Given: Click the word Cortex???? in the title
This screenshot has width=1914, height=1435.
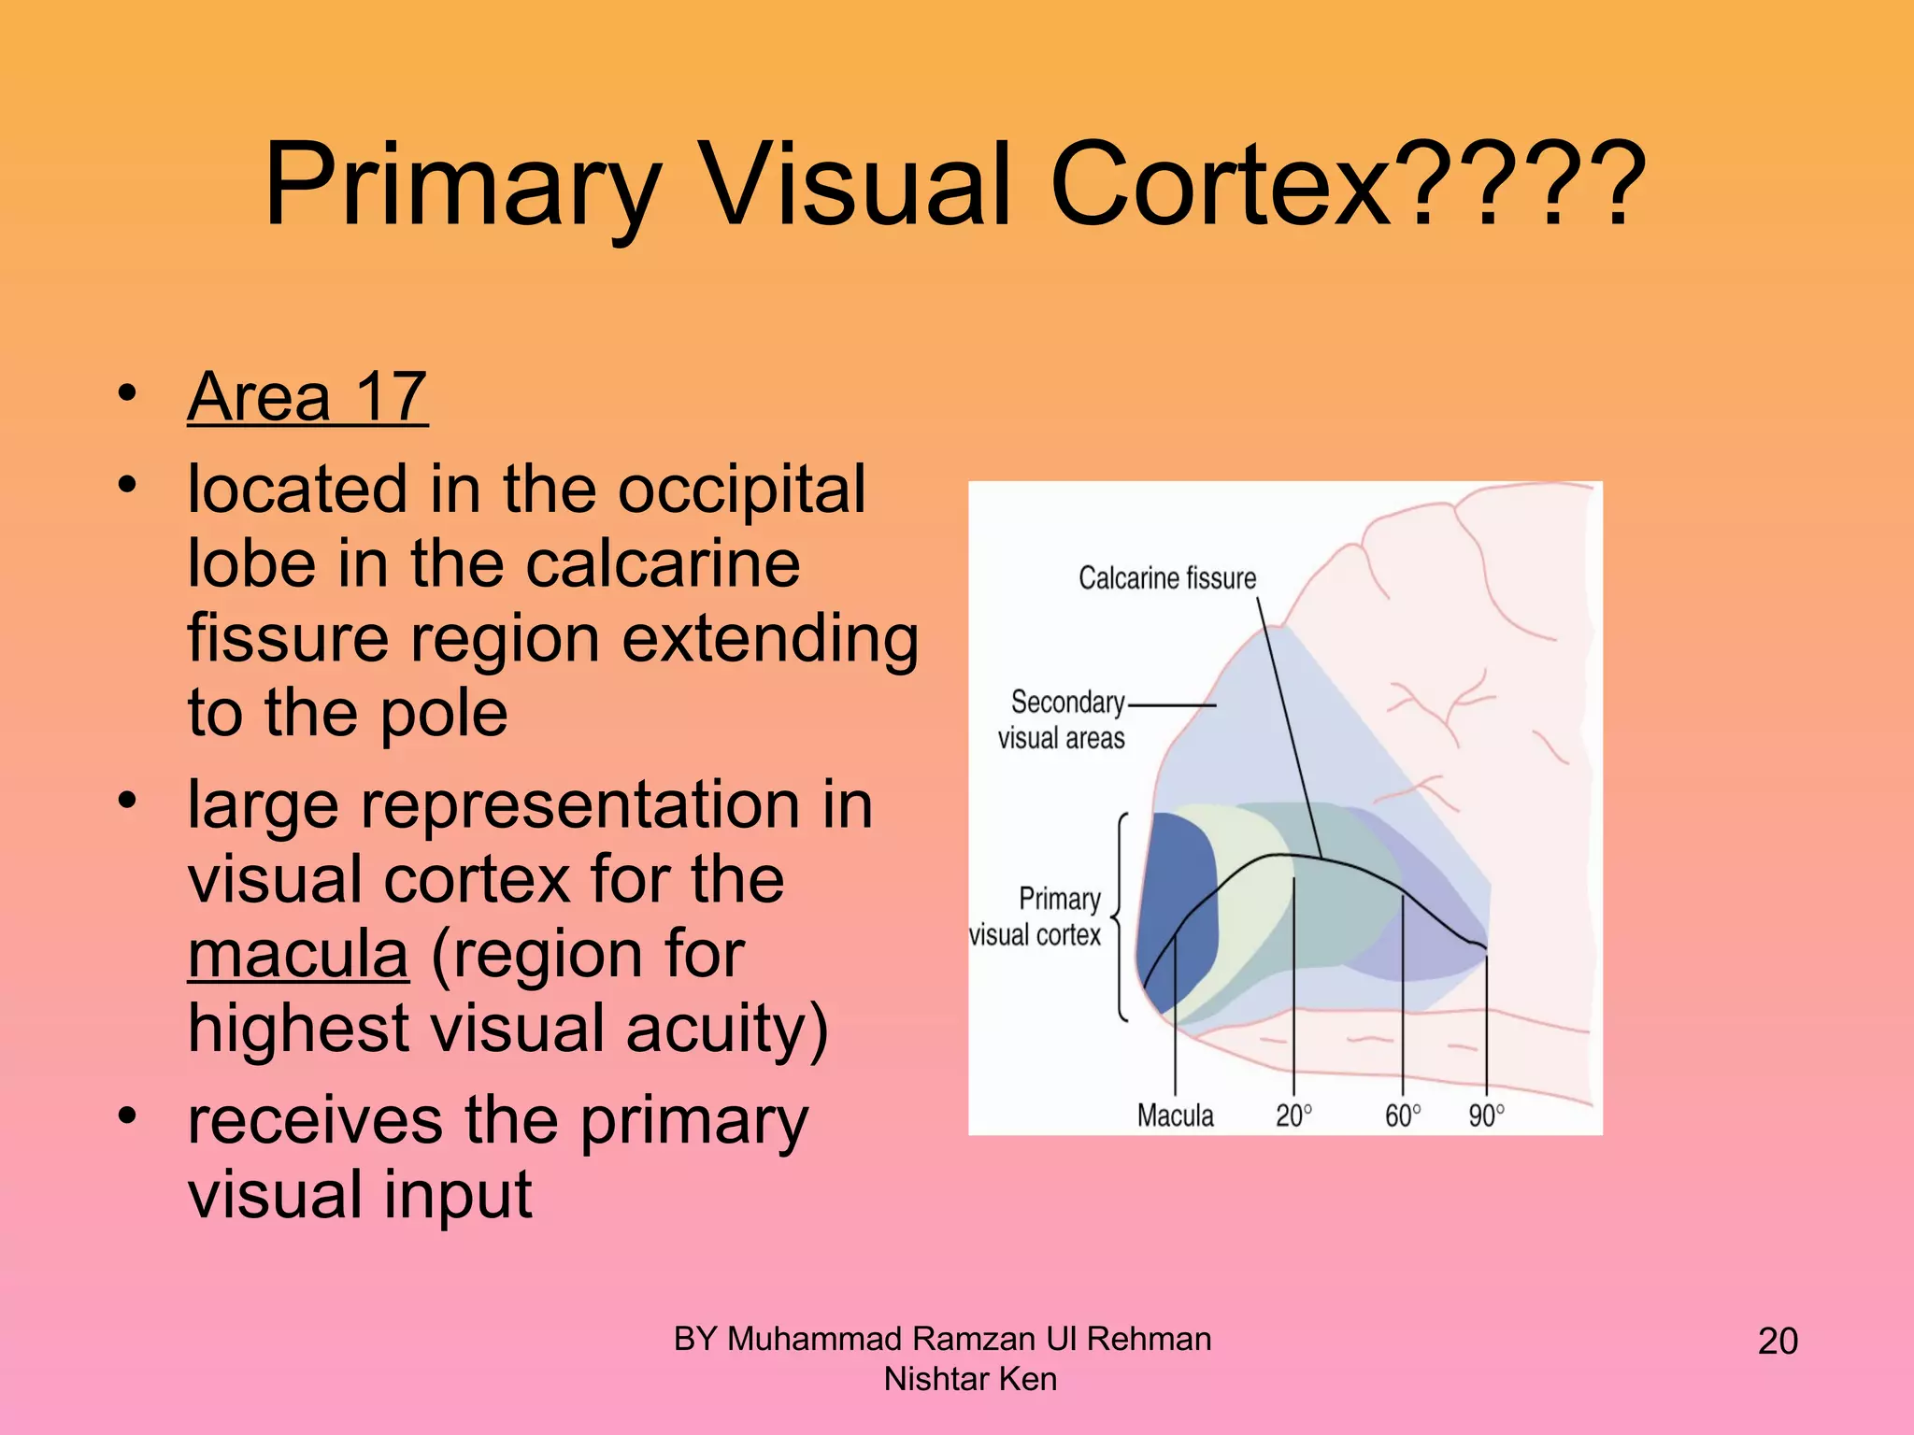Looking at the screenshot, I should pyautogui.click(x=1346, y=184).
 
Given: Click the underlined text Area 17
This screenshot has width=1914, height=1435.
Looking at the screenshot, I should pyautogui.click(x=307, y=397).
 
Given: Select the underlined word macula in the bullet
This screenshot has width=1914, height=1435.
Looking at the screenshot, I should pyautogui.click(x=298, y=954).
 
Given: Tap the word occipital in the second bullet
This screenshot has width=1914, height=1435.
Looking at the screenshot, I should pyautogui.click(x=741, y=489).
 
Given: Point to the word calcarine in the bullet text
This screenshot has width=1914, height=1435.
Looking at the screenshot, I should pyautogui.click(x=663, y=563).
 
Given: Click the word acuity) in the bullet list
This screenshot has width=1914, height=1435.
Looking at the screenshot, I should pyautogui.click(x=726, y=1028).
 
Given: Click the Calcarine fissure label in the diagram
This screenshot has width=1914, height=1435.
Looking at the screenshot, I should pyautogui.click(x=1166, y=578).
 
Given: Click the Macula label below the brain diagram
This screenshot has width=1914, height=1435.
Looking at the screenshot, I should pyautogui.click(x=1175, y=1115).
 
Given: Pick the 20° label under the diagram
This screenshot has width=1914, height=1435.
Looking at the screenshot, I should pyautogui.click(x=1293, y=1115).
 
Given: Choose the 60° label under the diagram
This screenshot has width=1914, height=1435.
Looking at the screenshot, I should pyautogui.click(x=1402, y=1115).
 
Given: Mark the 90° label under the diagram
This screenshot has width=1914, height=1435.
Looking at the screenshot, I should pyautogui.click(x=1486, y=1115).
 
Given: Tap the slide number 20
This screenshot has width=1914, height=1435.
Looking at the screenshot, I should pyautogui.click(x=1778, y=1341).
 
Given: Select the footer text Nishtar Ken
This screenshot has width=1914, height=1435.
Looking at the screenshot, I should pyautogui.click(x=970, y=1379).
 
